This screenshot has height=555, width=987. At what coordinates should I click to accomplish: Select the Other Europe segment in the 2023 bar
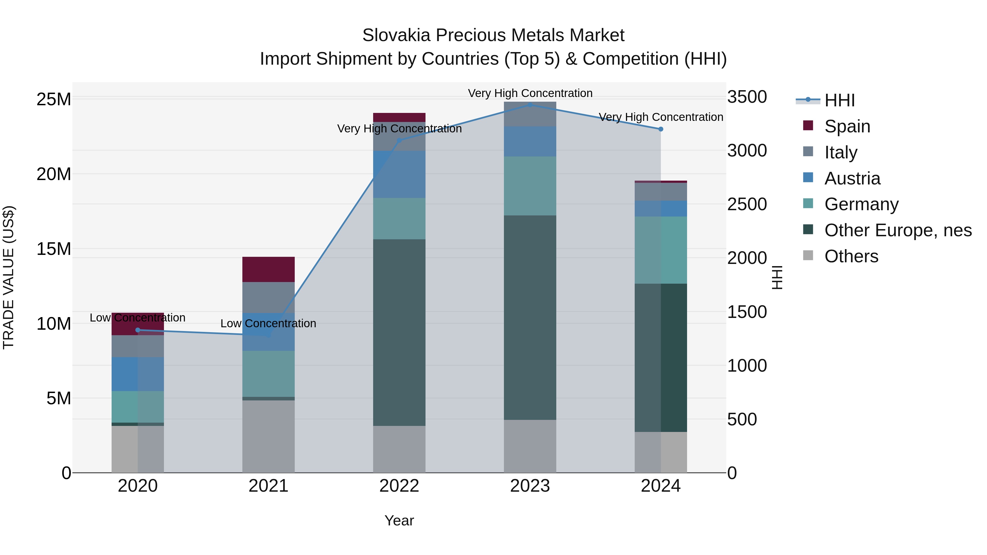pos(530,318)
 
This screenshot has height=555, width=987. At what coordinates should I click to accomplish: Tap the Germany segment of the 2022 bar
pos(399,218)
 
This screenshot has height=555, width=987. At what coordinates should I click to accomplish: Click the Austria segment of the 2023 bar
pos(530,141)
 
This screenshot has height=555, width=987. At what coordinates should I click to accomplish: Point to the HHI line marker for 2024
pos(660,129)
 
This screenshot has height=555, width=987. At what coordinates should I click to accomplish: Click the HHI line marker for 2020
pos(138,330)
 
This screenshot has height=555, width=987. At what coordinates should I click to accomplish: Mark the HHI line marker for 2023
pos(530,105)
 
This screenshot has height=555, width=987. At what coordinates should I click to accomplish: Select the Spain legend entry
pos(847,126)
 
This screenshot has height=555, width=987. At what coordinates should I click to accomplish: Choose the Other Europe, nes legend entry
pos(898,230)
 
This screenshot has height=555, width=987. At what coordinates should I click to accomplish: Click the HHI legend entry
pos(839,100)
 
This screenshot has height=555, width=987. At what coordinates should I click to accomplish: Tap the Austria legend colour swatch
pos(808,178)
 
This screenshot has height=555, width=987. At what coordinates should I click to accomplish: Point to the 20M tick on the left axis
pos(54,174)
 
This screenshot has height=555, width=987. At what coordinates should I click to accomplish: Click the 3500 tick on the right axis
pos(747,97)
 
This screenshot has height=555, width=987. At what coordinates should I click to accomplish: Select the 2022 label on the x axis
pos(399,486)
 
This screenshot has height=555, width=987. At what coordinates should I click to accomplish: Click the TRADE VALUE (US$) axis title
pos(8,277)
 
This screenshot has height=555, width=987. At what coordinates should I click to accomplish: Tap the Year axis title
pos(399,520)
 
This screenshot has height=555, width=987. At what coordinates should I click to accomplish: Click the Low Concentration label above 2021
pos(268,323)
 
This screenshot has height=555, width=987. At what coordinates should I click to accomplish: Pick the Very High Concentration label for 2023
pos(530,93)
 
